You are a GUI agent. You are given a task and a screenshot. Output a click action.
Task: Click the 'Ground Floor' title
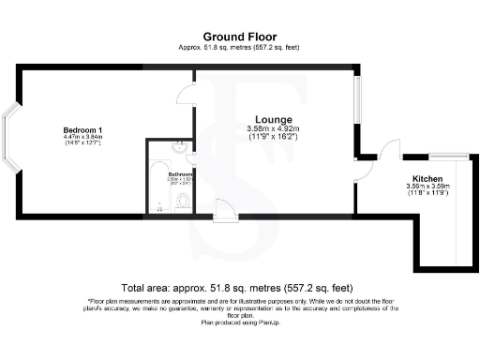click(239, 37)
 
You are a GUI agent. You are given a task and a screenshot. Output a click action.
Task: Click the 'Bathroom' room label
click(180, 174)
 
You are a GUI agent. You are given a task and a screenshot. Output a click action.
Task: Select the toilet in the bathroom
click(184, 200)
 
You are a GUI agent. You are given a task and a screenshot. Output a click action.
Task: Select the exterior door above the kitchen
click(390, 152)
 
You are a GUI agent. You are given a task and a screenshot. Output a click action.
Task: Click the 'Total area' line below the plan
click(239, 287)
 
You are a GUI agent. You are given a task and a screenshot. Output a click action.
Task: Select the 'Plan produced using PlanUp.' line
click(239, 322)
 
